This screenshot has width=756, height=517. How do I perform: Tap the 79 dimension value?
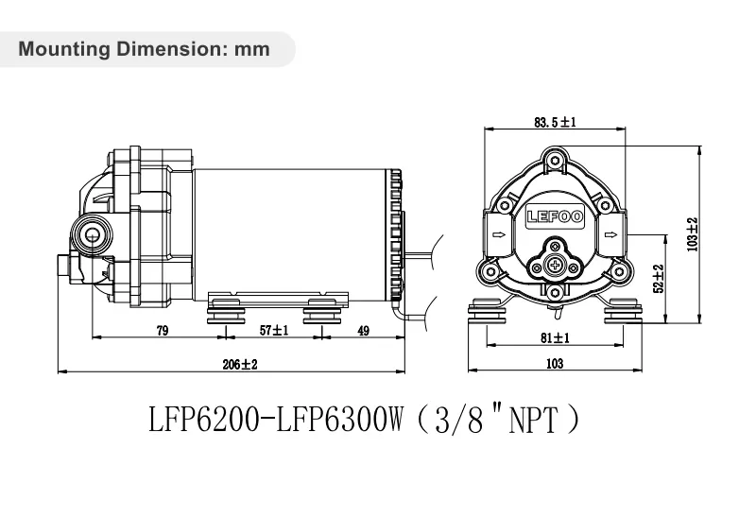pyautogui.click(x=162, y=330)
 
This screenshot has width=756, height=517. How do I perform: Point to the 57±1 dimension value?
pyautogui.click(x=274, y=330)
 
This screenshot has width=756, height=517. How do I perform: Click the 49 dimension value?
pyautogui.click(x=363, y=330)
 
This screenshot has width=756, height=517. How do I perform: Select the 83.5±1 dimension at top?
pyautogui.click(x=555, y=122)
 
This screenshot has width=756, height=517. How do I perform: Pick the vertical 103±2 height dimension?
pyautogui.click(x=693, y=233)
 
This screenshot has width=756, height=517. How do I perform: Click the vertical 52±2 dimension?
pyautogui.click(x=659, y=279)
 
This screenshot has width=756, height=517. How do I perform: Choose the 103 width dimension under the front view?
pyautogui.click(x=556, y=364)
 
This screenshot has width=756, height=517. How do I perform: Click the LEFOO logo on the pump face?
pyautogui.click(x=555, y=216)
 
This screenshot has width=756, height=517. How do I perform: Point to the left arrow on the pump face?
pyautogui.click(x=496, y=235)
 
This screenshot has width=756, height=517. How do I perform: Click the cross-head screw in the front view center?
pyautogui.click(x=555, y=267)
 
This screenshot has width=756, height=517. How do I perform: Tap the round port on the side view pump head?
pyautogui.click(x=92, y=233)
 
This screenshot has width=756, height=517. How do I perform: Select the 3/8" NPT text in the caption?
pyautogui.click(x=509, y=420)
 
